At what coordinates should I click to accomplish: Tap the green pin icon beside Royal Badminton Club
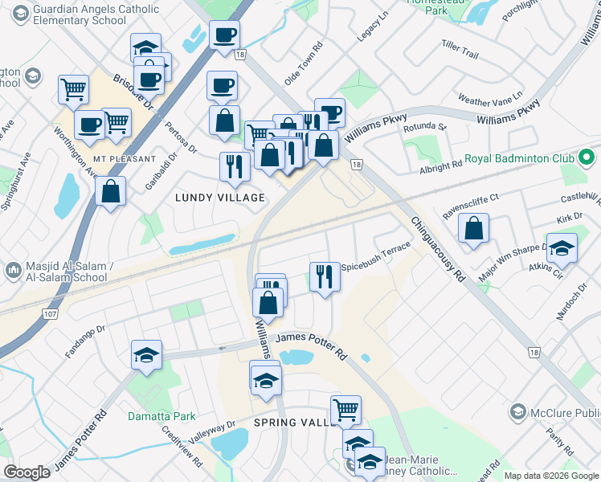point(587,157)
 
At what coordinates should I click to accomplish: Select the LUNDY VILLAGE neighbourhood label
point(220,198)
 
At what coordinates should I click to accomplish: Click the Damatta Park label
point(161,416)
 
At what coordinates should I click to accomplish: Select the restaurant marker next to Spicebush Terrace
point(323,276)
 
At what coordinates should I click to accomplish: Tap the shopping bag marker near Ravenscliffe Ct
point(474,227)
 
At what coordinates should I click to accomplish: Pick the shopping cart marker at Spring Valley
point(345,410)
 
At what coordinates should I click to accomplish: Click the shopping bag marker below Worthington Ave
point(110,191)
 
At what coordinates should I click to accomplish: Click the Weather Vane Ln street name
point(489,98)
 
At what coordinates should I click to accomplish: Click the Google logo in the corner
point(27,472)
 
